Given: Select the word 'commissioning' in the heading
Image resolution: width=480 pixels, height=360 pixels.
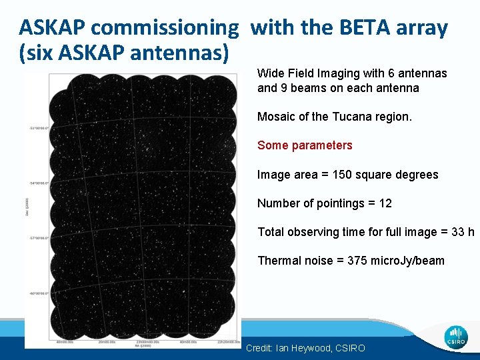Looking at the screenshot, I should click(x=165, y=27).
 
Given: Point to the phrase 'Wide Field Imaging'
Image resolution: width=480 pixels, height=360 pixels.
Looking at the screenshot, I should click(x=302, y=73).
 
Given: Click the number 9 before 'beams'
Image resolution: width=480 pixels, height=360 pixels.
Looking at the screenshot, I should click(x=283, y=88).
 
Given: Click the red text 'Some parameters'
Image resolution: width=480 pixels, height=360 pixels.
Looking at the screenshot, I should click(x=305, y=145).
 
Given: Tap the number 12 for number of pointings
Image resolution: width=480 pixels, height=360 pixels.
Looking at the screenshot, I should click(x=385, y=203).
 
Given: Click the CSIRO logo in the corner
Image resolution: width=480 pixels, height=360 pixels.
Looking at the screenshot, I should click(x=456, y=337).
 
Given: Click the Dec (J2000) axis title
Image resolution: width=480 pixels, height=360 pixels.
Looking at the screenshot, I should click(x=27, y=207).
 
